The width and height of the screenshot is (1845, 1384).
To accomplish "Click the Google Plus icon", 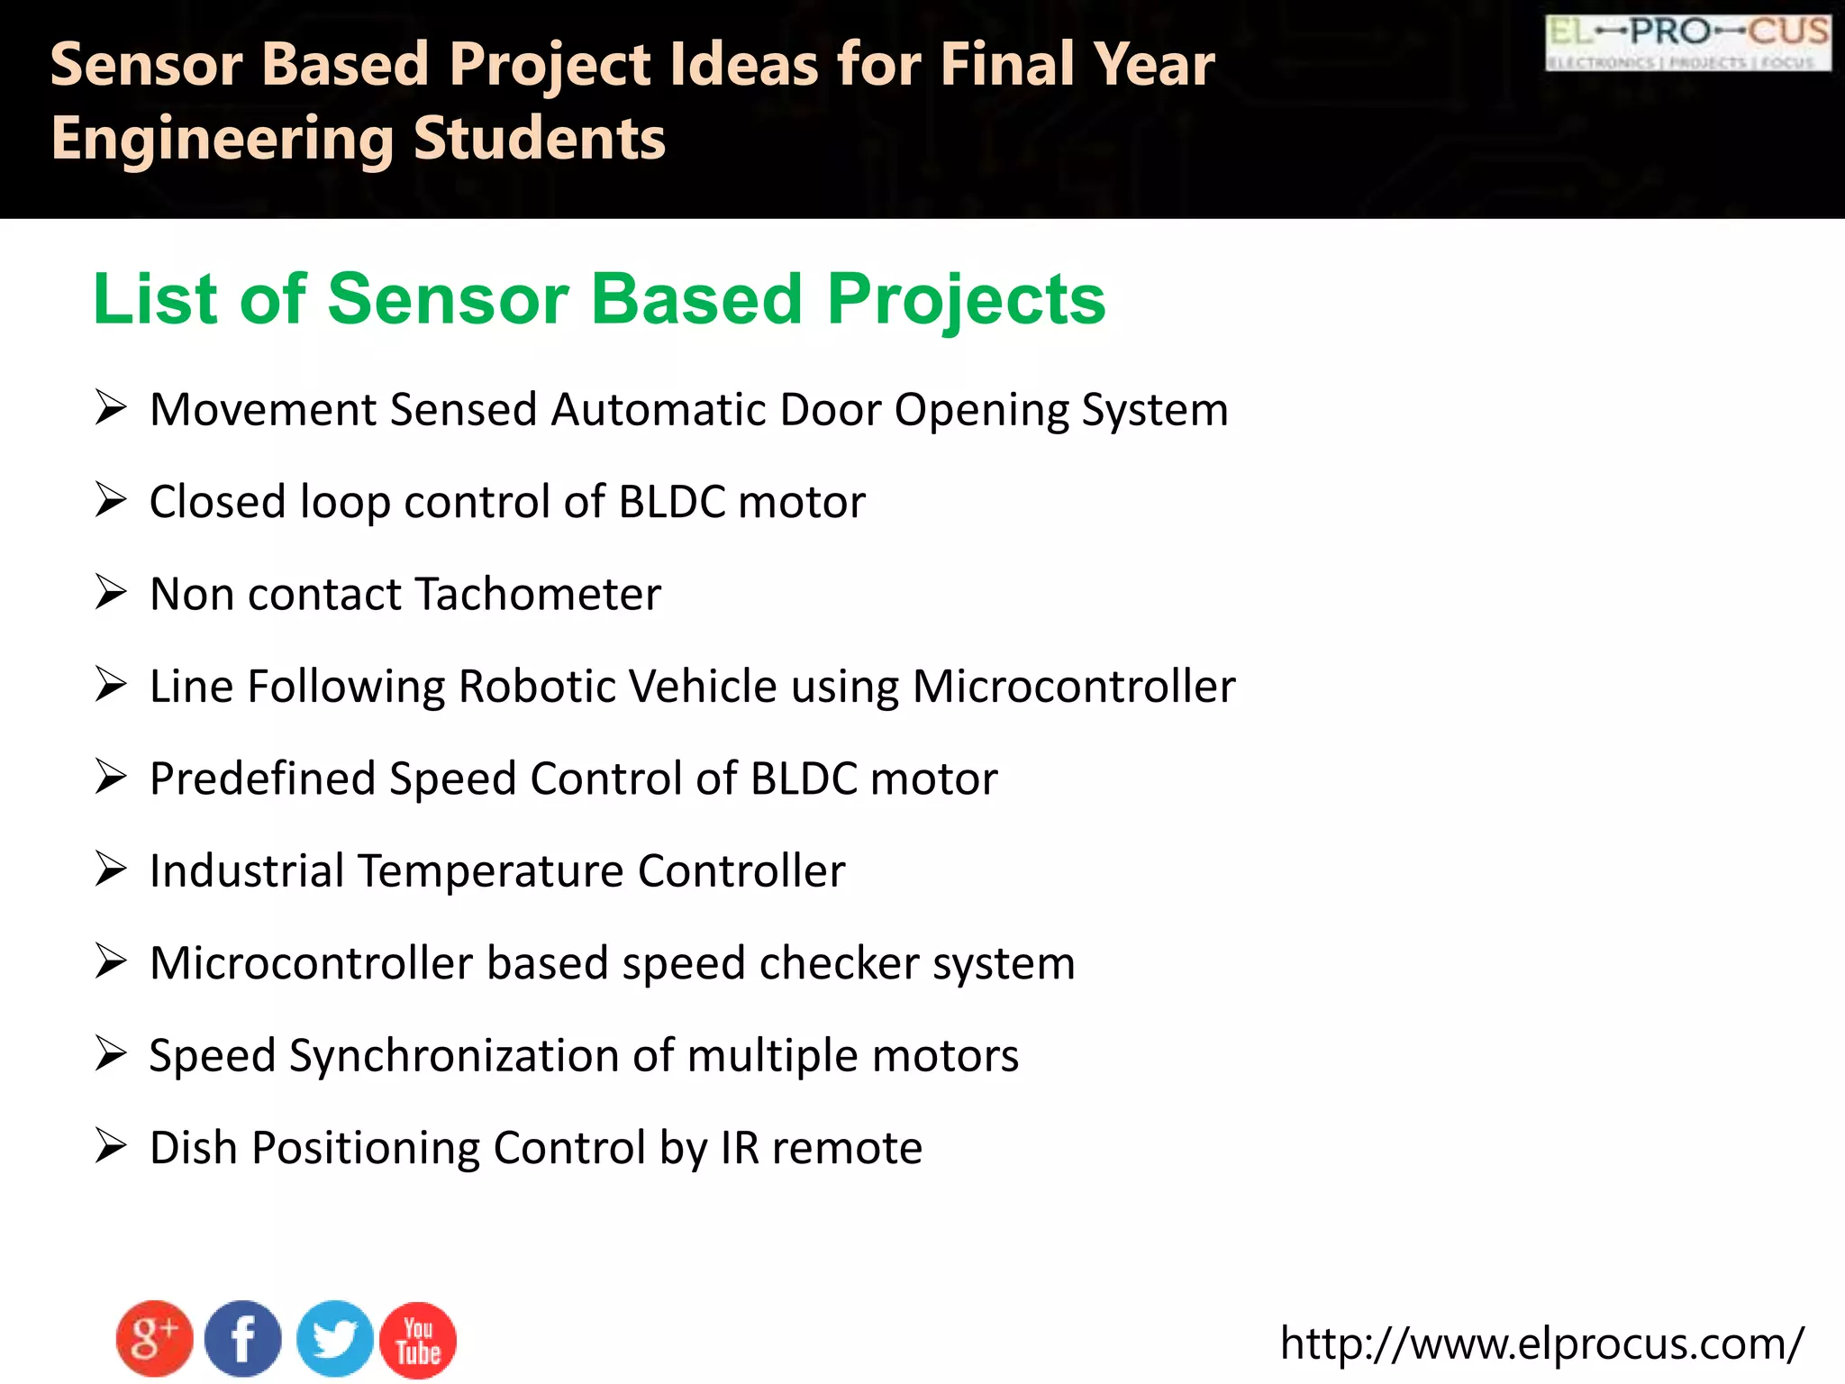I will [x=154, y=1339].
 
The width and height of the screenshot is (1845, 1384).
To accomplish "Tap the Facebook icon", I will [x=242, y=1339].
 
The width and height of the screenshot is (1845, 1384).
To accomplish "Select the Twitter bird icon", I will [x=334, y=1339].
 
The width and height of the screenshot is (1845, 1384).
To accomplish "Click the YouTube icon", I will [x=418, y=1340].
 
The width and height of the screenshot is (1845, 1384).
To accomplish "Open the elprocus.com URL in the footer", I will [x=1541, y=1343].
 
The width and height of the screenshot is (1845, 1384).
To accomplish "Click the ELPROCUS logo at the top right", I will [x=1687, y=41].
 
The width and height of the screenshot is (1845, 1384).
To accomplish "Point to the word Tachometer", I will [x=538, y=595].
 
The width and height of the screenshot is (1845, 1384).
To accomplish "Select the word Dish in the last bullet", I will [x=193, y=1148].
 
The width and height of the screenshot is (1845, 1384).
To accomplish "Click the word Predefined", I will [x=262, y=778].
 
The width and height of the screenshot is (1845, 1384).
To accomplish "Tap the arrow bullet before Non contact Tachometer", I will [x=111, y=593].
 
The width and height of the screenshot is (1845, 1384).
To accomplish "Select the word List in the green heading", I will [x=154, y=299].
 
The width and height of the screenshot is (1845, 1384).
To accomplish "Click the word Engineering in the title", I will [x=223, y=140].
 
